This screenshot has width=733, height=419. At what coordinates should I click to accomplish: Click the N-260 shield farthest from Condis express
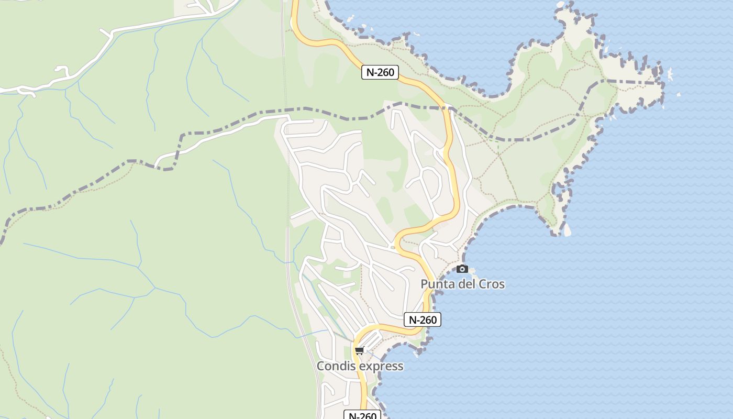[380, 72]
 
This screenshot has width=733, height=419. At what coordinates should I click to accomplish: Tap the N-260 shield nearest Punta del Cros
[422, 319]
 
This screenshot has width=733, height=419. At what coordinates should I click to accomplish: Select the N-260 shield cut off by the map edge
[362, 415]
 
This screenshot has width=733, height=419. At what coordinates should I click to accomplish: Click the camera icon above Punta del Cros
[462, 269]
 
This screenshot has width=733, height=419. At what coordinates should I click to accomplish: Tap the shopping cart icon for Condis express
[359, 350]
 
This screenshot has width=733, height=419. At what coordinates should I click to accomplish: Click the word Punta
[438, 284]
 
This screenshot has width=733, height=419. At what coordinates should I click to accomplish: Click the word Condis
[335, 366]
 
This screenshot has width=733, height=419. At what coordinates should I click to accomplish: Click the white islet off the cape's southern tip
[567, 229]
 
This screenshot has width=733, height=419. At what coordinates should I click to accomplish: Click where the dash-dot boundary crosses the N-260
[449, 109]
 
